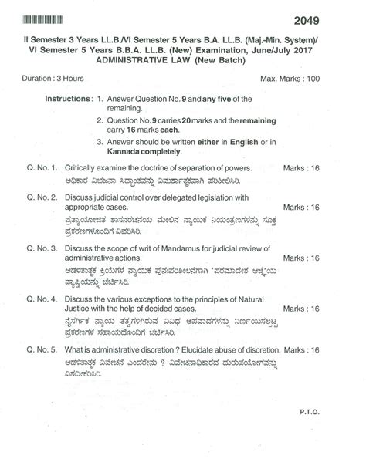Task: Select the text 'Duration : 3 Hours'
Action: (x=53, y=79)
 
